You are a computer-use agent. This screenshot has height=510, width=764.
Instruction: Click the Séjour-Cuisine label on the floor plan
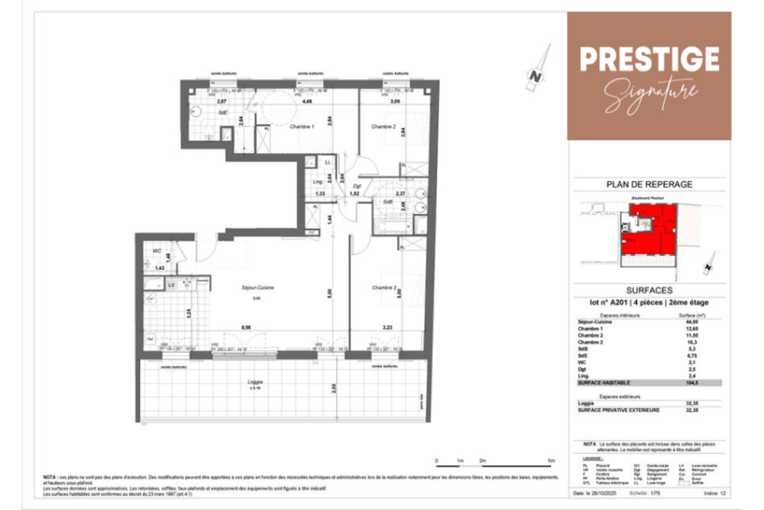coord(257,287)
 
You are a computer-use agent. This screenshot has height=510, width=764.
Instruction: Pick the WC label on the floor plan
coord(155,252)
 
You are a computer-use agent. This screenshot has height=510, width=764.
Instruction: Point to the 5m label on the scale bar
coord(551,460)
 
